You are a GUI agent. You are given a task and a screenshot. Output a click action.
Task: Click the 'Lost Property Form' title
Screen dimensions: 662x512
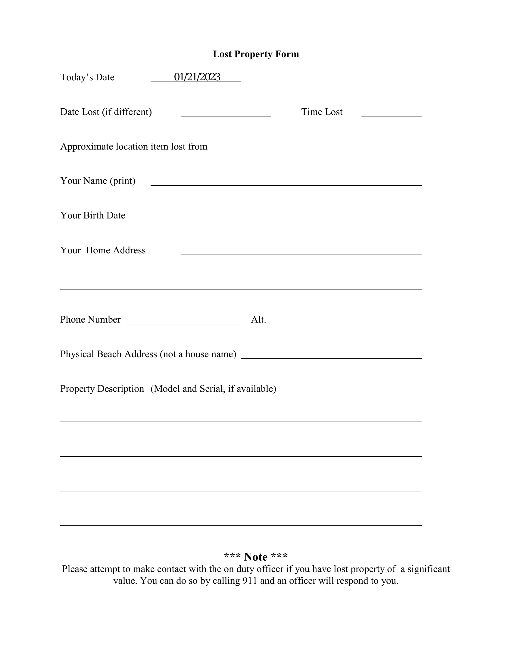point(256,54)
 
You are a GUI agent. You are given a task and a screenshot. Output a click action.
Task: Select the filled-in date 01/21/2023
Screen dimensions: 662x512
point(197,77)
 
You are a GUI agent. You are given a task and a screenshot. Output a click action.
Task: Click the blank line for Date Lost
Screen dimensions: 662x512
point(226,113)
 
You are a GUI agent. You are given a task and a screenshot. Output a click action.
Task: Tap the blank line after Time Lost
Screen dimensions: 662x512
point(391,113)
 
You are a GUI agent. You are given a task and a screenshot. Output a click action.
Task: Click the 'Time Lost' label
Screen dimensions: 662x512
point(322,112)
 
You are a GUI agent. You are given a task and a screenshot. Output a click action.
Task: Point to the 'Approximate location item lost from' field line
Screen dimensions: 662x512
point(316,147)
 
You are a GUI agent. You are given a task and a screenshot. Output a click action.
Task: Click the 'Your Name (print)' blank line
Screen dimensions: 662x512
point(286,182)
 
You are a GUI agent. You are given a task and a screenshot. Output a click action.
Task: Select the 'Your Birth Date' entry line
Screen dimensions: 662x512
point(226,217)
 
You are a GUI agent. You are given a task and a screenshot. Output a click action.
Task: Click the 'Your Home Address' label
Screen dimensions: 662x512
point(103,250)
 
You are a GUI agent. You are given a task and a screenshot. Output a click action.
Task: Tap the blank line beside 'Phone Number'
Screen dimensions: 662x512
point(184,321)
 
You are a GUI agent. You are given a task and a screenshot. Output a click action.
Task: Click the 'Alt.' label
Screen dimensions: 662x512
point(258,320)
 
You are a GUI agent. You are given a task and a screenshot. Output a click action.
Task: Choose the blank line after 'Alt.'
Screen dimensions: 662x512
point(346,321)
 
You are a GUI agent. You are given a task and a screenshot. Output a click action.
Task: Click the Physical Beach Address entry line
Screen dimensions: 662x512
point(331,355)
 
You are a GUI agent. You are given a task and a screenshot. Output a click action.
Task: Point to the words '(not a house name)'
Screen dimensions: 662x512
point(198,354)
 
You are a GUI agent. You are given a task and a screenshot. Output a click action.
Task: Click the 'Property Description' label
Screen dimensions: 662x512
point(102,388)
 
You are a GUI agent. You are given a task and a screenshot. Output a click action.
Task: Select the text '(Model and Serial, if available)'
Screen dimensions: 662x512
point(213,388)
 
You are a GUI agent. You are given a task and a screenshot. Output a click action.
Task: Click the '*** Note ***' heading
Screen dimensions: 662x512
point(256,557)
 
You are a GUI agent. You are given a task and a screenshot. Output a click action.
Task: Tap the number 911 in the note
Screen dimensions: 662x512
point(250,581)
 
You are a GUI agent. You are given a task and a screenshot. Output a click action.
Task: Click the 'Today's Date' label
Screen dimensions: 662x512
point(87,77)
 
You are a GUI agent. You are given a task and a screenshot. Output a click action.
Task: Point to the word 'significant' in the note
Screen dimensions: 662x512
point(428,569)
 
